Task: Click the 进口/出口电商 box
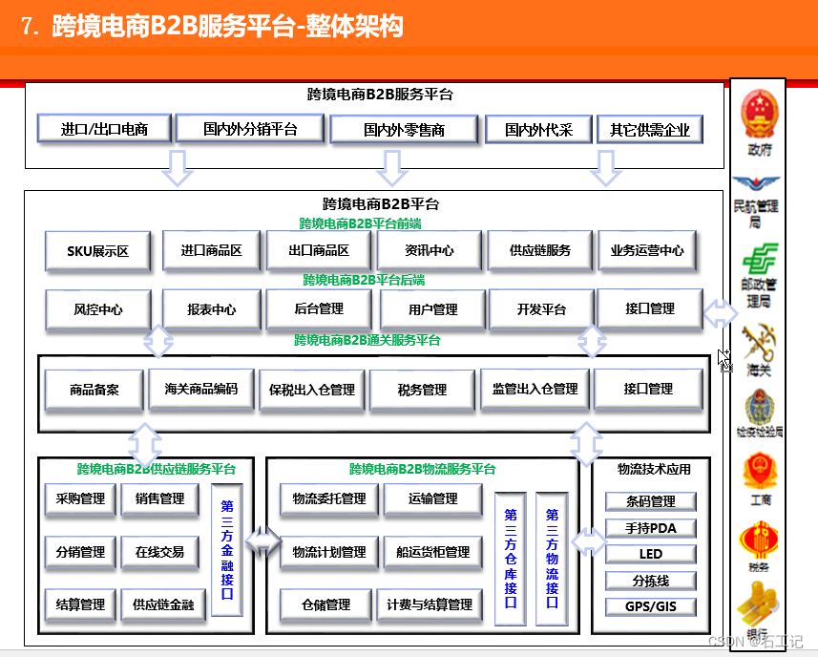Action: coord(104,128)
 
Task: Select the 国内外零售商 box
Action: coord(404,129)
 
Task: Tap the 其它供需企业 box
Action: coord(649,129)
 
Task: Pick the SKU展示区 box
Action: coord(97,251)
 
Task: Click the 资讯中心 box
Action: coord(429,250)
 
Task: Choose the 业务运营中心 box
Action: coord(647,250)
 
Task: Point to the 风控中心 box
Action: coord(97,309)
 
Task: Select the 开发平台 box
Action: coord(541,309)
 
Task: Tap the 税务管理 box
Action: coord(422,390)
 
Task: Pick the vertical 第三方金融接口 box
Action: coord(227,549)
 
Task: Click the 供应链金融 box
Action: coord(162,604)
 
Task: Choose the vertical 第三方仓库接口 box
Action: coord(511,558)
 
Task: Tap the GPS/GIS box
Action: coord(650,606)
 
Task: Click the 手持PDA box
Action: coord(650,528)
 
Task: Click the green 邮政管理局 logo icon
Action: coord(760,259)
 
